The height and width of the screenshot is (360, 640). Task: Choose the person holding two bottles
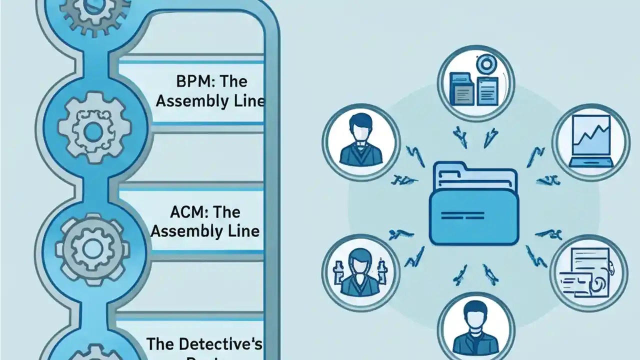click(x=360, y=272)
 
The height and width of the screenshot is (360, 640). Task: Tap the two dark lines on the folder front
click(x=463, y=216)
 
